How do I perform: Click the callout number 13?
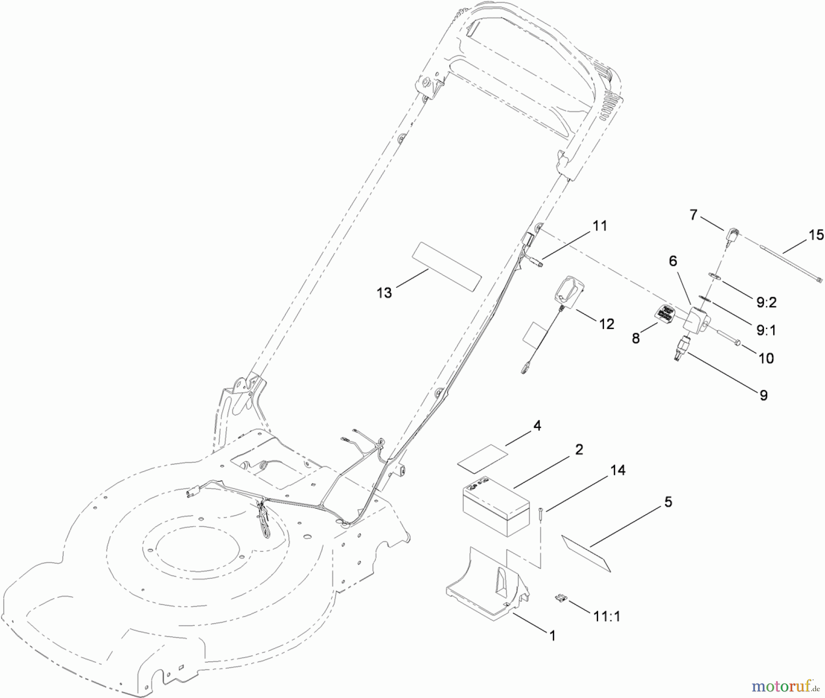(384, 292)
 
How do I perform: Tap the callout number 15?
(816, 235)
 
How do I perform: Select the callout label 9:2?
(766, 302)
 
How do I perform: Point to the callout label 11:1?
(607, 616)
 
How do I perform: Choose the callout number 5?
(668, 502)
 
